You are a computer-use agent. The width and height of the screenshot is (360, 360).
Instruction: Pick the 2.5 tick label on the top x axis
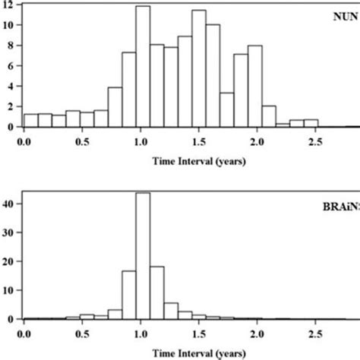click(315, 141)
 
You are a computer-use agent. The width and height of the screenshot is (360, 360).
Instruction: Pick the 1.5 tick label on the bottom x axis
click(199, 333)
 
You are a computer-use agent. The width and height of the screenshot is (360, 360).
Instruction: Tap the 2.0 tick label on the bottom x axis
click(257, 333)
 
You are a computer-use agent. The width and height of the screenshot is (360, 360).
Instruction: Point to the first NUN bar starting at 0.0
click(31, 120)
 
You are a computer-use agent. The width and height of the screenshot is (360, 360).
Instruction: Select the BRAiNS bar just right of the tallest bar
click(157, 292)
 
